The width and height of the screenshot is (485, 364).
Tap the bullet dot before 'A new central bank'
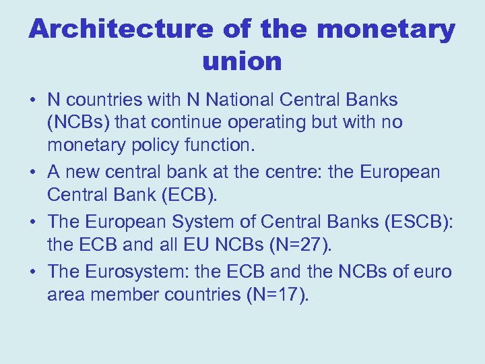point(32,173)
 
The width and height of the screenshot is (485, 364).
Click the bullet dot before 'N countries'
point(32,100)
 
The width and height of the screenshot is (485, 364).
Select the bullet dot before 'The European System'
point(32,222)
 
